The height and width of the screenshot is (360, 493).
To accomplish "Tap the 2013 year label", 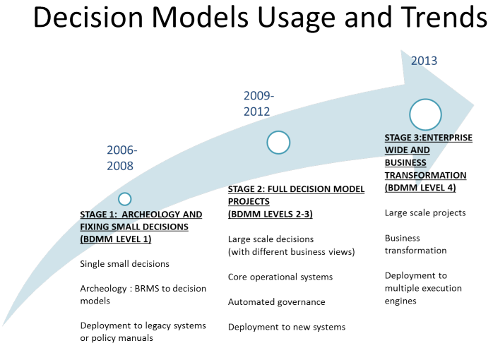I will pyautogui.click(x=424, y=61).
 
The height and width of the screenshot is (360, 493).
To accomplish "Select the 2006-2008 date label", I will pyautogui.click(x=121, y=157).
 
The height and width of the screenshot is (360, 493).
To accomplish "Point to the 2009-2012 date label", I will pyautogui.click(x=259, y=103).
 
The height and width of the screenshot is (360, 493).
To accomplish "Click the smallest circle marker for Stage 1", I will pyautogui.click(x=125, y=199).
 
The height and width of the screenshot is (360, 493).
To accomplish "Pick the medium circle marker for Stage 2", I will pyautogui.click(x=278, y=143).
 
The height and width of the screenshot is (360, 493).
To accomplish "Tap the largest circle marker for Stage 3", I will pyautogui.click(x=425, y=114).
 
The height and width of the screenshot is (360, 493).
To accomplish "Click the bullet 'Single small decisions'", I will pyautogui.click(x=124, y=264).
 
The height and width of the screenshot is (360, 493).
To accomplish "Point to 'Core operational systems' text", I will pyautogui.click(x=280, y=277).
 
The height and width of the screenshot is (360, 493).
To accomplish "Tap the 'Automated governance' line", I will pyautogui.click(x=276, y=301).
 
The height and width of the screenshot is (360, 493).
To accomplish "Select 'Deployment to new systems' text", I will pyautogui.click(x=286, y=326).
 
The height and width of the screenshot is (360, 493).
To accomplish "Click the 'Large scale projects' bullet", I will pyautogui.click(x=425, y=212).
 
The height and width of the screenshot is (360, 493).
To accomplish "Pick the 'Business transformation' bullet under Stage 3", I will pyautogui.click(x=415, y=244).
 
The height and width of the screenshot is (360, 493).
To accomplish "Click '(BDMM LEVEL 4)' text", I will pyautogui.click(x=420, y=188).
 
